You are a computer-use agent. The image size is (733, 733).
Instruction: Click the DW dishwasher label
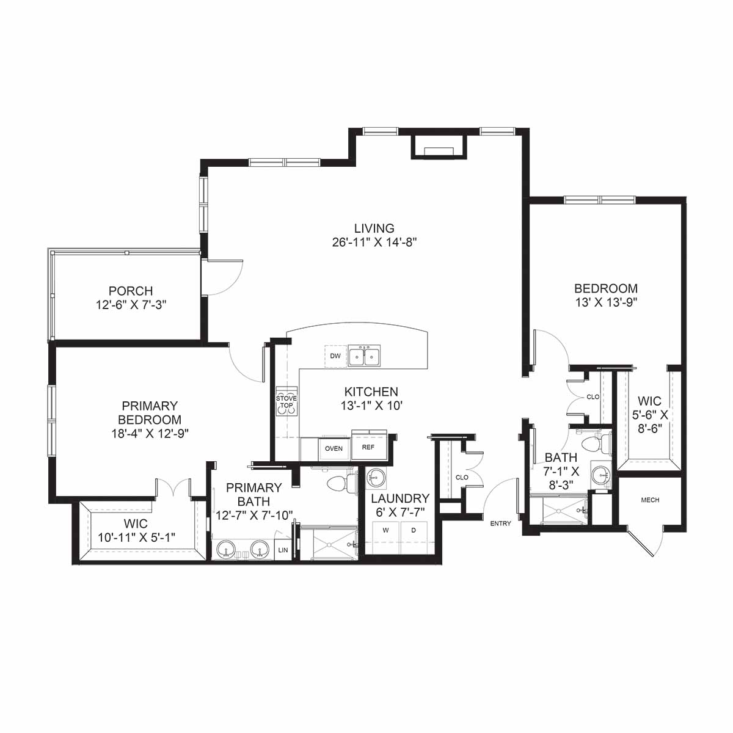(x=335, y=356)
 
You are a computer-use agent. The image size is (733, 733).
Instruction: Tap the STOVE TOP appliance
(x=286, y=402)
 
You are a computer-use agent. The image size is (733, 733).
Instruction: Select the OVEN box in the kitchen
(x=334, y=449)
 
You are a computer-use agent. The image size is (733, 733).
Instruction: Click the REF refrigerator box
(x=368, y=447)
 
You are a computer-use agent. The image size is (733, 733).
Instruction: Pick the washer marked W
(x=385, y=538)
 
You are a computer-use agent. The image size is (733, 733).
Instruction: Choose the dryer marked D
(x=414, y=538)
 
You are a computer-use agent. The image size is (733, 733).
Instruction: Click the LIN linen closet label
(x=283, y=550)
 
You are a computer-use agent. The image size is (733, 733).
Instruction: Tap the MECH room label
(x=650, y=500)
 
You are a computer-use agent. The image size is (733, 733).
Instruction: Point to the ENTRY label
(x=501, y=523)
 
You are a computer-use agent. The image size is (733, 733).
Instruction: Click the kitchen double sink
(x=364, y=356)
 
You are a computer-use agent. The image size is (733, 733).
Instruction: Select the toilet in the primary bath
(x=342, y=483)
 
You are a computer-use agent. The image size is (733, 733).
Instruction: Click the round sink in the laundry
(x=376, y=477)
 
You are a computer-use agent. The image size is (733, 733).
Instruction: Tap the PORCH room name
(x=131, y=291)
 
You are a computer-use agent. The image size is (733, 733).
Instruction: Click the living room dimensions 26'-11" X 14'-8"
(x=374, y=243)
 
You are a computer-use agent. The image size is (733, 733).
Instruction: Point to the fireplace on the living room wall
(x=439, y=146)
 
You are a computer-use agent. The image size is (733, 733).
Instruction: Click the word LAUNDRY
(x=400, y=498)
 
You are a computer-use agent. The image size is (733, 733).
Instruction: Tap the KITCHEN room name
(x=371, y=392)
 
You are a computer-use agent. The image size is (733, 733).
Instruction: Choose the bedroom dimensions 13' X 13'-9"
(x=606, y=302)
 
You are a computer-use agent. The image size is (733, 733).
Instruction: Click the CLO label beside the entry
(x=462, y=478)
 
